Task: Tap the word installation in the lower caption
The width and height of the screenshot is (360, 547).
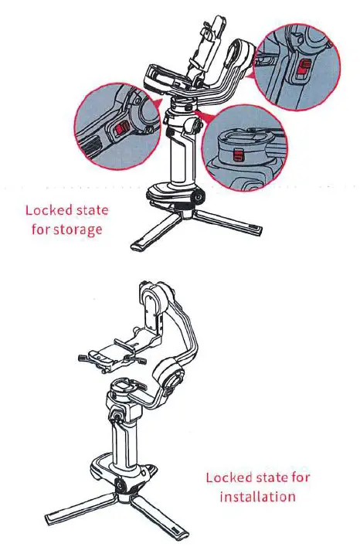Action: click(x=257, y=496)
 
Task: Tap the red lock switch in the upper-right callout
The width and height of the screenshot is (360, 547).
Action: click(x=304, y=69)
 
